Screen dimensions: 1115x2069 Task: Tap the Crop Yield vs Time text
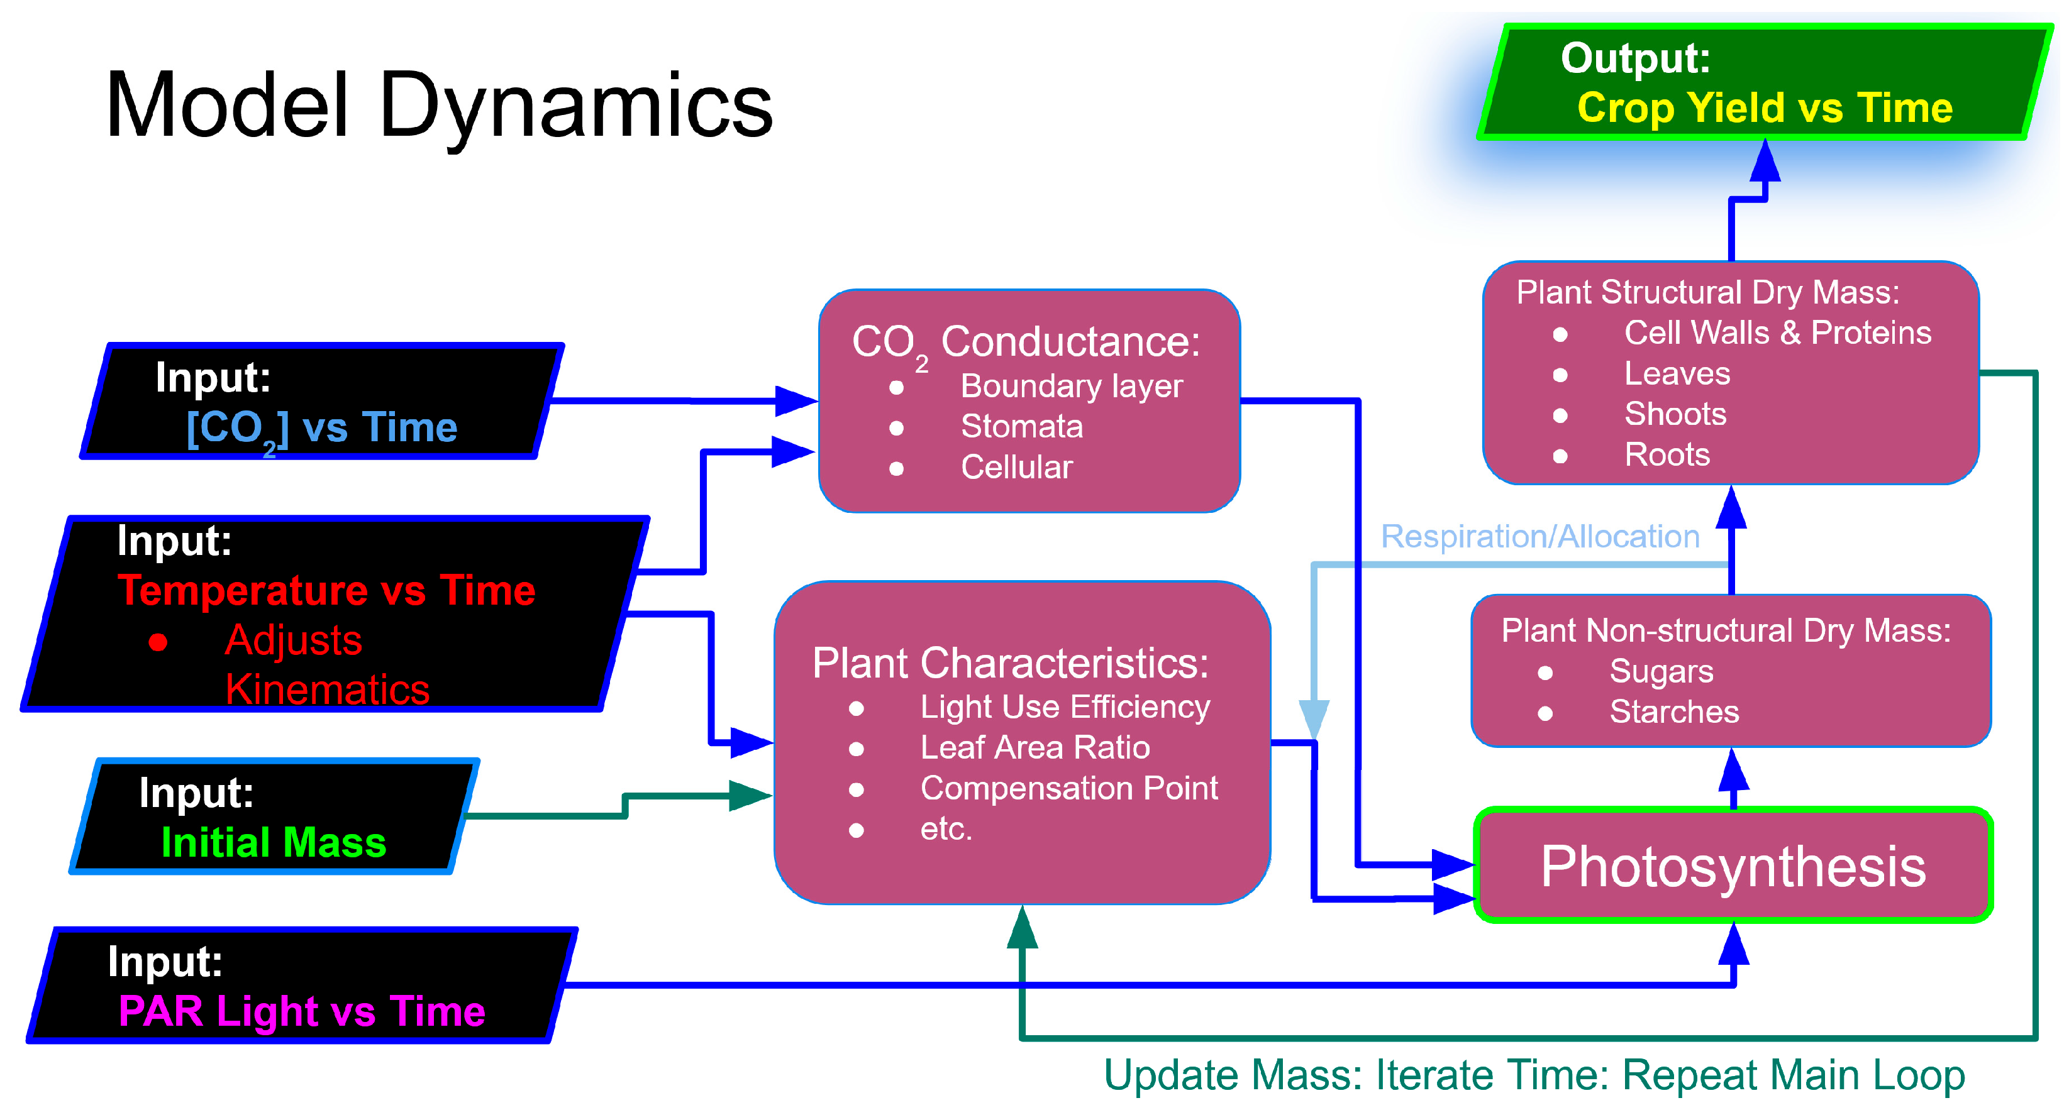tap(1765, 107)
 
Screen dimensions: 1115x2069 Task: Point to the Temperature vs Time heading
tap(326, 591)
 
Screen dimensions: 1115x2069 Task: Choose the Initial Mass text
tap(274, 843)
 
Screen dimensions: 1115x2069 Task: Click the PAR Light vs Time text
tap(302, 1011)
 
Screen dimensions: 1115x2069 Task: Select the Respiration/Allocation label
tap(1539, 536)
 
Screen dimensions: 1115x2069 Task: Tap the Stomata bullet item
tap(1022, 426)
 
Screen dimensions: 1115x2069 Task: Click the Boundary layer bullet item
tap(1072, 386)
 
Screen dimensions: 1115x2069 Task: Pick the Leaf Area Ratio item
tap(1034, 747)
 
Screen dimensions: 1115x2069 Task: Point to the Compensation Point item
tap(1068, 788)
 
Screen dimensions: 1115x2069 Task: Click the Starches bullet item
tap(1674, 712)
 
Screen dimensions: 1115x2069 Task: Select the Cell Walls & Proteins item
tap(1777, 332)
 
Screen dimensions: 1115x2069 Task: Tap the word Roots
tap(1667, 455)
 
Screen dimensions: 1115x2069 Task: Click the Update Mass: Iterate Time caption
tap(1533, 1075)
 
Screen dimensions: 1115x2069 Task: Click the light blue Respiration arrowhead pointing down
tap(1314, 718)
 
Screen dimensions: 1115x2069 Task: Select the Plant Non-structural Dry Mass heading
tap(1725, 631)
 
